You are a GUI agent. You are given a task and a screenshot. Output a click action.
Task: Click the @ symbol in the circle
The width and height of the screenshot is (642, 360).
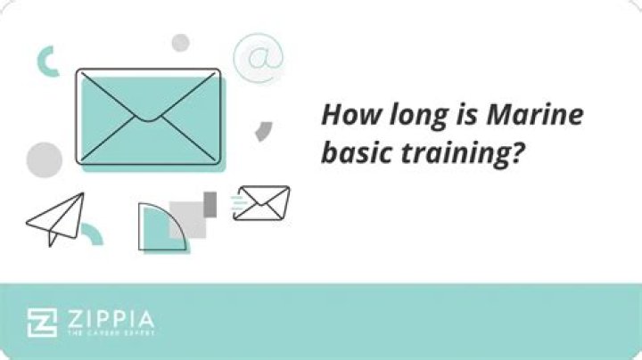258,58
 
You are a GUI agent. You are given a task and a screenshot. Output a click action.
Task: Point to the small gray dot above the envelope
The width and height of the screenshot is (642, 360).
181,42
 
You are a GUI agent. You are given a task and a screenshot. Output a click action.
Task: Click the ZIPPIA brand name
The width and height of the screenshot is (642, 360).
109,318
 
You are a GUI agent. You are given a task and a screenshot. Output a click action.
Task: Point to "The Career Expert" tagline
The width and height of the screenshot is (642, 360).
109,333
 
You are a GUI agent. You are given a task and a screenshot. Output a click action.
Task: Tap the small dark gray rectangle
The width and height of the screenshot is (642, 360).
210,204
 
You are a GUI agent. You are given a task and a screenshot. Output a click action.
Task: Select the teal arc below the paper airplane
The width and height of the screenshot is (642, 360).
93,233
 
